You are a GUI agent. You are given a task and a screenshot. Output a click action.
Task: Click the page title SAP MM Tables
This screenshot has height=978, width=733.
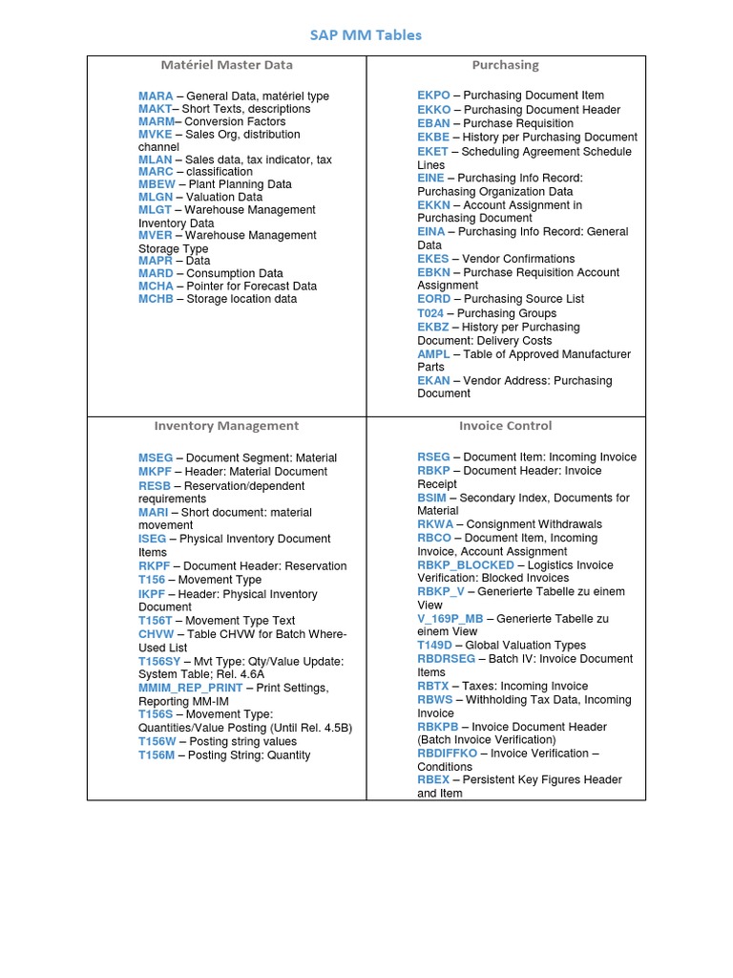366,35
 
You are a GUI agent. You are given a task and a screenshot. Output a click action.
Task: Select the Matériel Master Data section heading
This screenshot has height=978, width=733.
226,65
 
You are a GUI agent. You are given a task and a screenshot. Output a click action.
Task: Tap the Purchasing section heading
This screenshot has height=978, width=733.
505,65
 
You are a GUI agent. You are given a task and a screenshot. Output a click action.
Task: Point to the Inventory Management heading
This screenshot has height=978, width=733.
226,426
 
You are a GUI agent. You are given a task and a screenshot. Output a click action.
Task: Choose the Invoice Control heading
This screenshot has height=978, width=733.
505,426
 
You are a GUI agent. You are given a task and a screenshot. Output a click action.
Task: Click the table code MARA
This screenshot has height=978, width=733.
156,96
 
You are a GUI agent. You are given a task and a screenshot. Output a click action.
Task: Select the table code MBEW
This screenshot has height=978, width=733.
157,184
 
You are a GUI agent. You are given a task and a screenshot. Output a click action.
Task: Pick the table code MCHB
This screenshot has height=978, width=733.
157,299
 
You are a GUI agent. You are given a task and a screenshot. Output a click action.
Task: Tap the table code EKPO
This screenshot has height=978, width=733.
433,96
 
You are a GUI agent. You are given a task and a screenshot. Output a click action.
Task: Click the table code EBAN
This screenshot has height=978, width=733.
433,123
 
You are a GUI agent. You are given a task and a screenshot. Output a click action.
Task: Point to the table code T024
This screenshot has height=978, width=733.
431,313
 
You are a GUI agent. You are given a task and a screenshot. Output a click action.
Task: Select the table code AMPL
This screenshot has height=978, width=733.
433,354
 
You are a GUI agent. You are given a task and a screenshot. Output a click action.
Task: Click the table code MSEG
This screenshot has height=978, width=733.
156,458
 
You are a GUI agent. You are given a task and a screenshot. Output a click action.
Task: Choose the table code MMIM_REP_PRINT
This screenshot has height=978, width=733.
191,688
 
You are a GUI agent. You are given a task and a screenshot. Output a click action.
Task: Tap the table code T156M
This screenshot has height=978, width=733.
157,755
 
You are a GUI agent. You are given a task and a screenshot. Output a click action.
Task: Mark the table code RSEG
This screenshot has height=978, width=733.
433,457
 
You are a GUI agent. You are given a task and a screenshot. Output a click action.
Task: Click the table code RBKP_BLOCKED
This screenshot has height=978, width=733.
466,565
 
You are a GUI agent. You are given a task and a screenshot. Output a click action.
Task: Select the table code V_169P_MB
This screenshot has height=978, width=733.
450,619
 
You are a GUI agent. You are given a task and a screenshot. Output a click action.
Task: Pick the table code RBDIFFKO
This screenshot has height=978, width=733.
447,754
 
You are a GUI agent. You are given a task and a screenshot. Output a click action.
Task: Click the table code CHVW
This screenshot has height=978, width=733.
157,634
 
